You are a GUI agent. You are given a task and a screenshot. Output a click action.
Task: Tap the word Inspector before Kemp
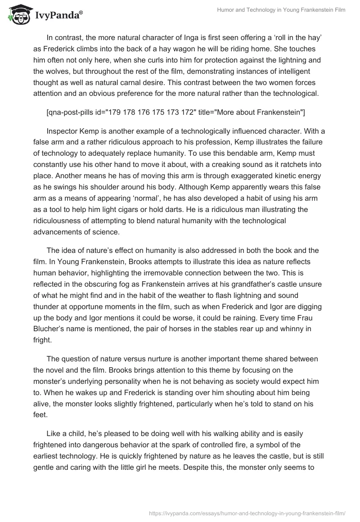pyautogui.click(x=62, y=131)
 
